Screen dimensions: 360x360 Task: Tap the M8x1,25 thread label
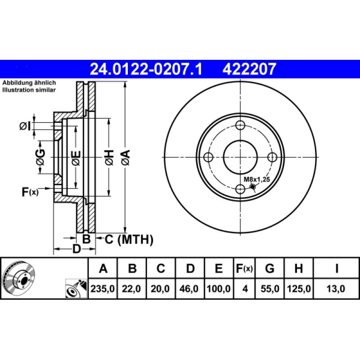(x=256, y=180)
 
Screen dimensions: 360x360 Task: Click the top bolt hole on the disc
(x=240, y=125)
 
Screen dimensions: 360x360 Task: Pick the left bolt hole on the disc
(x=208, y=157)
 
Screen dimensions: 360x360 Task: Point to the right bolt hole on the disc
(x=272, y=157)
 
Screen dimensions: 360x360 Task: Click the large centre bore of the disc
(x=240, y=157)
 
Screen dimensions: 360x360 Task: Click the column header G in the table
(x=270, y=269)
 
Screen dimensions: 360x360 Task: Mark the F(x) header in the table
(x=245, y=269)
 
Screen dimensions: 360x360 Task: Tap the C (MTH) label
(x=129, y=239)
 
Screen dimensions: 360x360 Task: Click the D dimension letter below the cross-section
(x=77, y=248)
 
